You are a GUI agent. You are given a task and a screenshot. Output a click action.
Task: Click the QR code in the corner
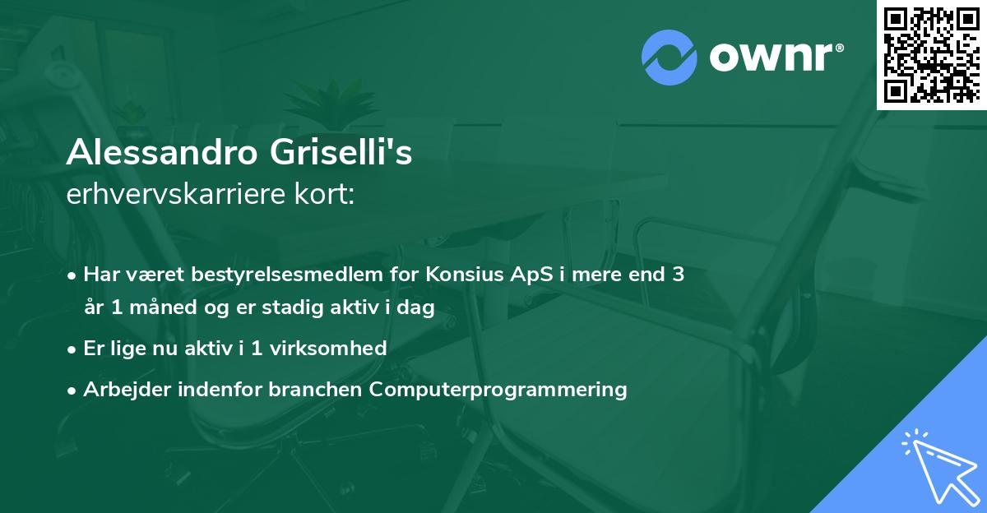(931, 54)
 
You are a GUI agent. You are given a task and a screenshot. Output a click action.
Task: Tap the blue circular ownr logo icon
(668, 57)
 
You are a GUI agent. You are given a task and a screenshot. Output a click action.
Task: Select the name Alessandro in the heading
(160, 153)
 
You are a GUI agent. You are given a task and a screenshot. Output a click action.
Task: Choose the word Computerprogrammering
(498, 389)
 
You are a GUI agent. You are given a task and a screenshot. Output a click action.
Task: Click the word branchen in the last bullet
(317, 389)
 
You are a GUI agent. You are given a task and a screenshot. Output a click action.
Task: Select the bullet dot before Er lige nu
(73, 349)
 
